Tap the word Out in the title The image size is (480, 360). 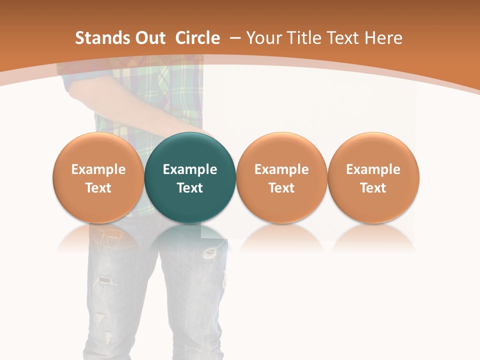148,38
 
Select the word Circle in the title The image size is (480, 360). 197,38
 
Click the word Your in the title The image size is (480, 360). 263,38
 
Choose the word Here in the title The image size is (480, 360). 384,38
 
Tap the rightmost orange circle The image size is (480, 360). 373,177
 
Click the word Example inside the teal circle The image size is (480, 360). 190,169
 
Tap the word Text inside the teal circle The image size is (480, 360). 190,188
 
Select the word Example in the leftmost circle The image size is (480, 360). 98,169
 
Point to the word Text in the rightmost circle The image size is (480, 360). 373,188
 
